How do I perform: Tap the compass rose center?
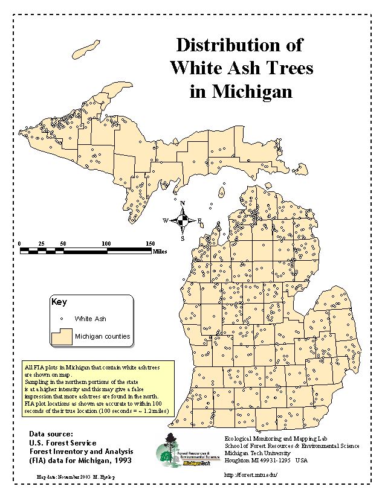tap(183, 221)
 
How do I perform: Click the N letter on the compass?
tap(183, 203)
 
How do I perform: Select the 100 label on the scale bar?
tap(106, 243)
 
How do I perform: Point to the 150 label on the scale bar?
tap(150, 243)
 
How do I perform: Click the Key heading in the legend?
tap(59, 302)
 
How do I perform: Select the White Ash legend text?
tap(91, 319)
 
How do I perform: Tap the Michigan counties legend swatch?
tap(60, 336)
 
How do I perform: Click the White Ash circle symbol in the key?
tap(61, 319)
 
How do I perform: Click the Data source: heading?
tap(51, 433)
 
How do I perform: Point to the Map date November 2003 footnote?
tap(76, 477)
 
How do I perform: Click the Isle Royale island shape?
tap(88, 46)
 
